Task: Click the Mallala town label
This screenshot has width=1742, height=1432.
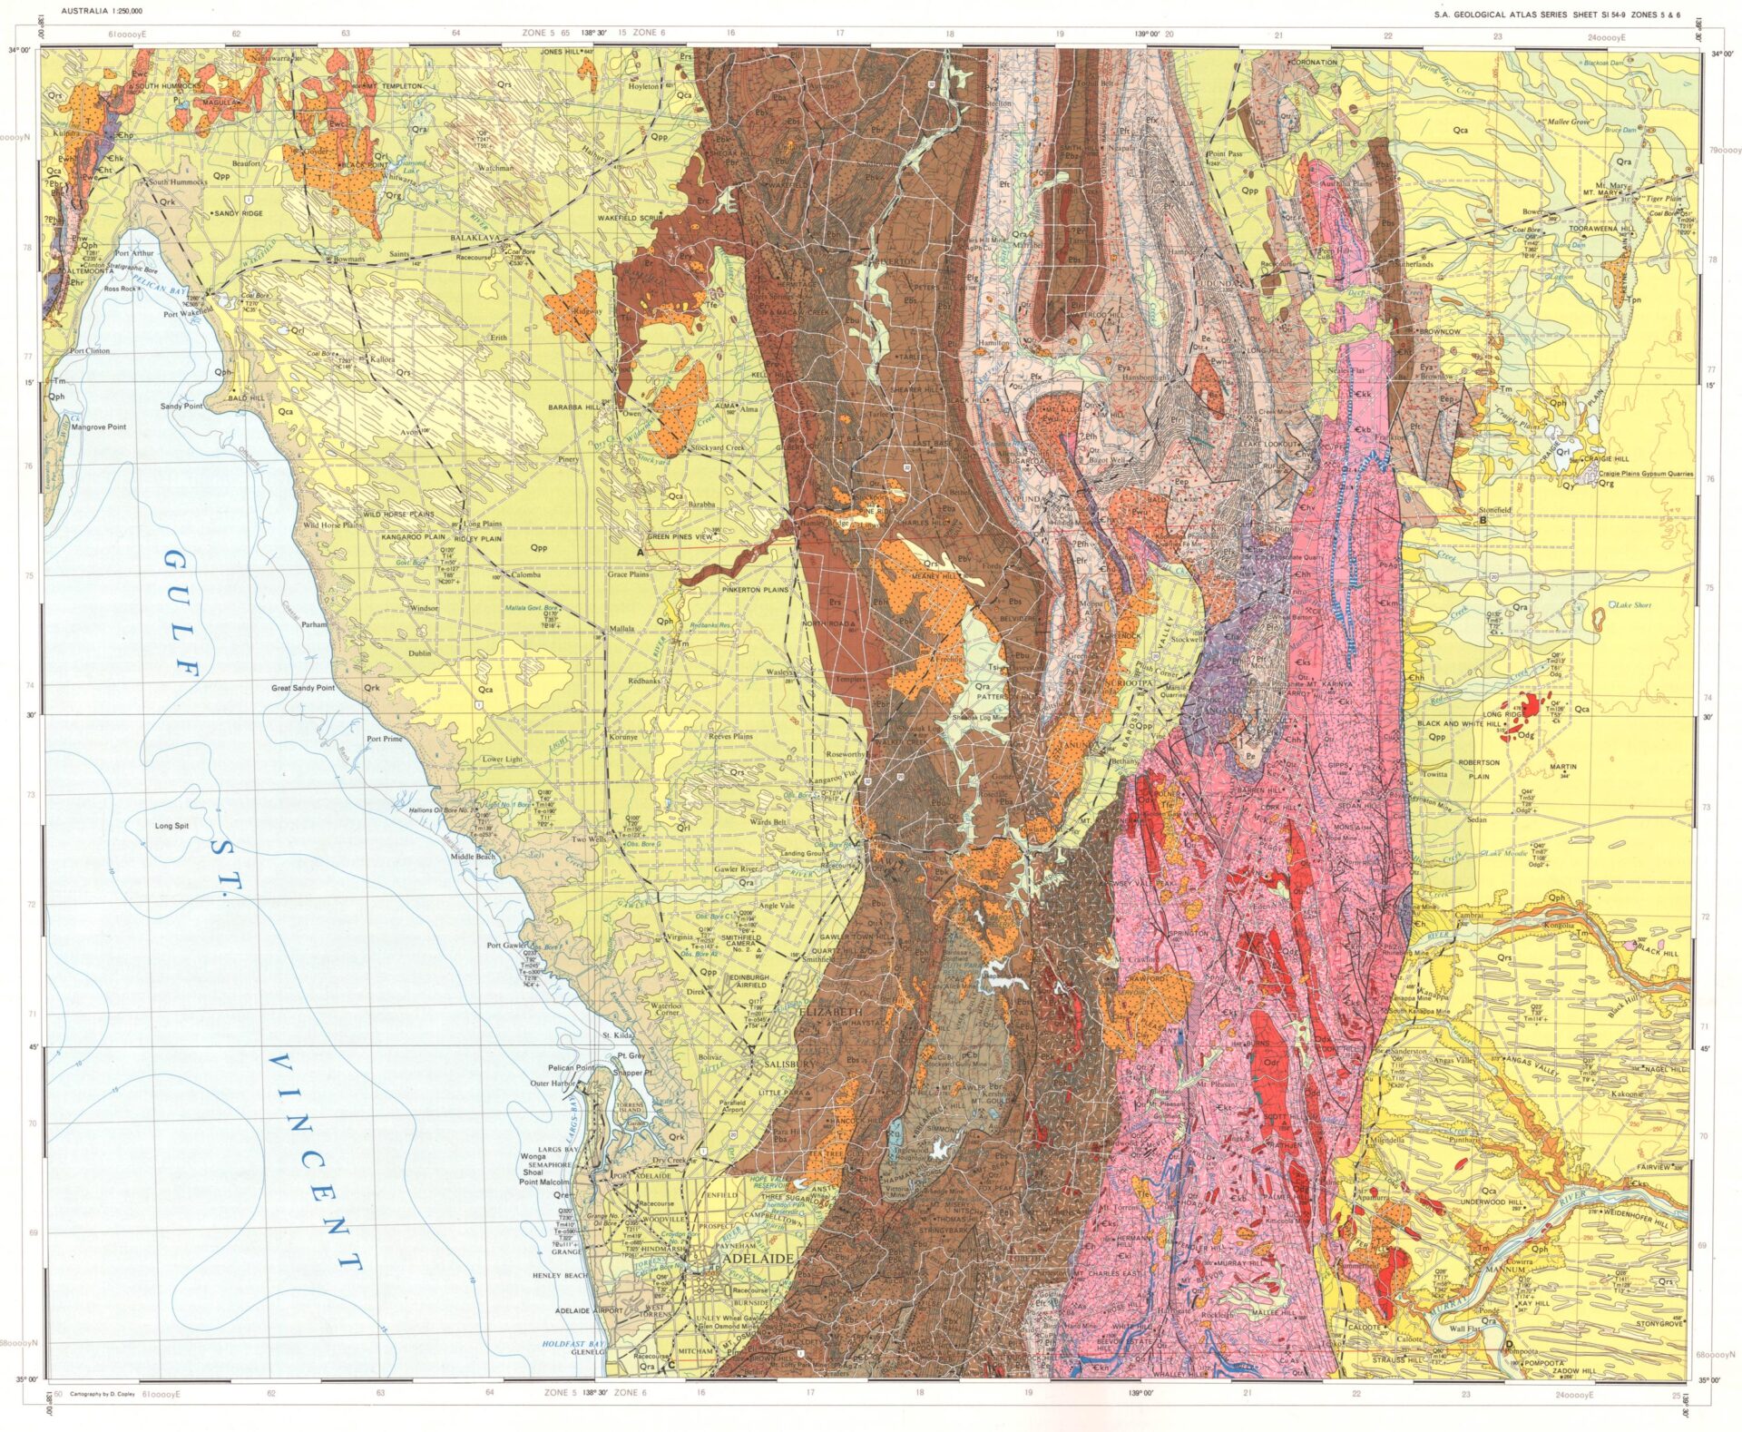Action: pos(621,628)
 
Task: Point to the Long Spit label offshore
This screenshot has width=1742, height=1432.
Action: pos(171,826)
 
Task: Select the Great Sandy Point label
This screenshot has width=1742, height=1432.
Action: pos(303,688)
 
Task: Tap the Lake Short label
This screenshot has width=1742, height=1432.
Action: pos(1631,604)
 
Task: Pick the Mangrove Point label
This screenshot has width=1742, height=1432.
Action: pos(99,427)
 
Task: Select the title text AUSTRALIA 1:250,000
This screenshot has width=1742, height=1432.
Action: pos(101,12)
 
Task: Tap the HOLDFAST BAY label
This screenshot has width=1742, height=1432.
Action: pos(573,1343)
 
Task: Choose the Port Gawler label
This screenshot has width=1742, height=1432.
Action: pos(506,946)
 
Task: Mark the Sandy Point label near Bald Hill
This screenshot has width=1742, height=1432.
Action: pos(181,406)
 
